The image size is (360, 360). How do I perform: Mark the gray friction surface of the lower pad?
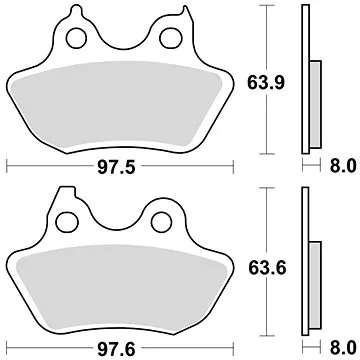(x=120, y=290)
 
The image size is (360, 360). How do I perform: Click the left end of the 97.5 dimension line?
(x=8, y=162)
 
